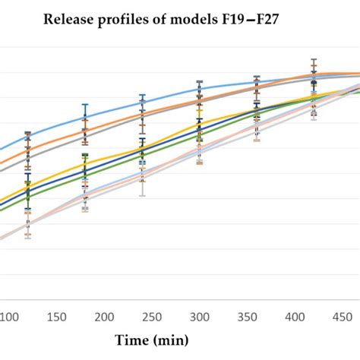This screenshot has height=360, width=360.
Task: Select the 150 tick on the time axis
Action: point(56,316)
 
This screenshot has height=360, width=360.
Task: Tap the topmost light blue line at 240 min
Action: point(142,101)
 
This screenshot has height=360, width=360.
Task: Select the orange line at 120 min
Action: point(28,149)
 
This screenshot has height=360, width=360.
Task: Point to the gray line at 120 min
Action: point(28,158)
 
